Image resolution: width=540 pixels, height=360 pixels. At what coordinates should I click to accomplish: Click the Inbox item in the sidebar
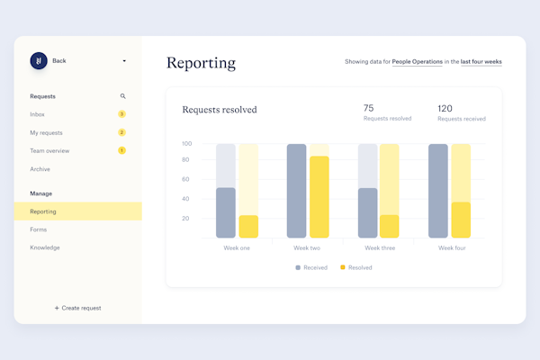click(x=38, y=114)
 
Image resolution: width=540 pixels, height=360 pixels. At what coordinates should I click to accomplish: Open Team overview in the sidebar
click(x=49, y=150)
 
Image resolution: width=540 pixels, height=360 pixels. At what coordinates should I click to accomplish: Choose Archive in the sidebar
click(x=40, y=169)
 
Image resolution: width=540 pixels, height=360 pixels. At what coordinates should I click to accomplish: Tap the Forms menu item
click(x=39, y=229)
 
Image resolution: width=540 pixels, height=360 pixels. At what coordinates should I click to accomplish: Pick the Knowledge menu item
click(x=45, y=247)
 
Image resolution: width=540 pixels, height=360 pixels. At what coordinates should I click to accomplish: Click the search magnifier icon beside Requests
click(x=123, y=95)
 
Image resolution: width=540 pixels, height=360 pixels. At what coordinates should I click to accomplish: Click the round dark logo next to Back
click(x=39, y=60)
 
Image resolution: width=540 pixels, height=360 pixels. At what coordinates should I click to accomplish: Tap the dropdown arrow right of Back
click(x=124, y=61)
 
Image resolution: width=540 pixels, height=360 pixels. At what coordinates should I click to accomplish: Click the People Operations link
click(x=418, y=62)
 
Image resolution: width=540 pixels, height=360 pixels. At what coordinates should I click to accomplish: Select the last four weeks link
click(x=481, y=62)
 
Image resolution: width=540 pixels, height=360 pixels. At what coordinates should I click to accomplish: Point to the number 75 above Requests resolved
click(x=369, y=108)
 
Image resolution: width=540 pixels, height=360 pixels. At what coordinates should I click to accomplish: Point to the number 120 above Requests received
click(x=445, y=108)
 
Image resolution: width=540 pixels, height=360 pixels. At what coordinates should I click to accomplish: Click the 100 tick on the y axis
click(x=185, y=143)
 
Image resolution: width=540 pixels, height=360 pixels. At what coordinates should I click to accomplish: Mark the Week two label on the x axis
click(x=308, y=247)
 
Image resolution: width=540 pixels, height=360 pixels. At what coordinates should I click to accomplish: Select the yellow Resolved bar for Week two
click(x=319, y=196)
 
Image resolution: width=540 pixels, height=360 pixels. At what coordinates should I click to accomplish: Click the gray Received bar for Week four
click(x=437, y=191)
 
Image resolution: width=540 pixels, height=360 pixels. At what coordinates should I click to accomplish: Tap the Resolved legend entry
click(x=355, y=267)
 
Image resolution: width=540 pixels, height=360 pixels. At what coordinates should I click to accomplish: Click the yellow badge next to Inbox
click(x=121, y=114)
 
